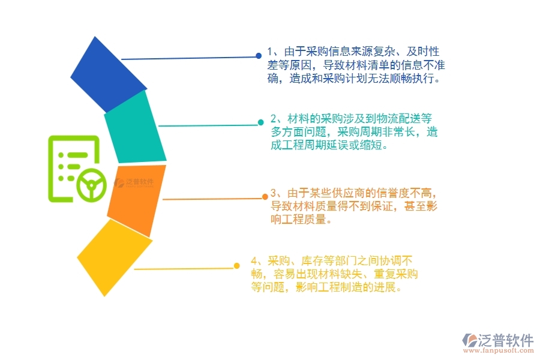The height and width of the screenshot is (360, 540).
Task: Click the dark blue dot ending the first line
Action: coord(259,56)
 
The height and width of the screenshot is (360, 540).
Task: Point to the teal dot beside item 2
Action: coord(261,122)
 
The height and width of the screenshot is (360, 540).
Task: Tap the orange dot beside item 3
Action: coord(265,196)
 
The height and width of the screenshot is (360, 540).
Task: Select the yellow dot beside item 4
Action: coord(237,266)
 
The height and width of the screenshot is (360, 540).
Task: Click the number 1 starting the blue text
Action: coord(270,52)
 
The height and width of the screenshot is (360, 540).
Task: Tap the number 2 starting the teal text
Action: coord(274,118)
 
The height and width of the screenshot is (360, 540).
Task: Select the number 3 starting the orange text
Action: coord(274,193)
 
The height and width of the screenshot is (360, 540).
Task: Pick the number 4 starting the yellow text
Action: coord(254,261)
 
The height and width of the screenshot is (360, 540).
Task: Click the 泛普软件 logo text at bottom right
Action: coord(505,340)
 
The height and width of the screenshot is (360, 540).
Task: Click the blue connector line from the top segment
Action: coord(189,58)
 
